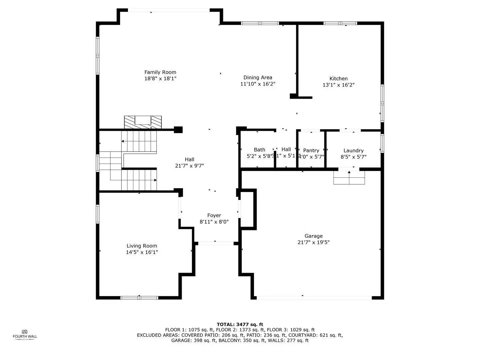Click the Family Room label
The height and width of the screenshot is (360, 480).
click(160, 72)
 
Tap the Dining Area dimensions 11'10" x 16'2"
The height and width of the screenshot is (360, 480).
click(258, 84)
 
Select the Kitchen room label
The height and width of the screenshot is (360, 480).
click(338, 79)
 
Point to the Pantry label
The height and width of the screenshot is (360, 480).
click(311, 151)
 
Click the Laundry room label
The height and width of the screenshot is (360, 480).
click(353, 151)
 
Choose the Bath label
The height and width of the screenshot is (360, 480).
click(259, 150)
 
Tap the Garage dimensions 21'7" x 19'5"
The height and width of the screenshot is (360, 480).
click(313, 242)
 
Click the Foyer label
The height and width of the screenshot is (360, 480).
click(214, 216)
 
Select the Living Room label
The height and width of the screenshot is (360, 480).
click(142, 246)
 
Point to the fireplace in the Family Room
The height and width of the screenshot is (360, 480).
click(143, 122)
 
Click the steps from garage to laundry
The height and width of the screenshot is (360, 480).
click(349, 178)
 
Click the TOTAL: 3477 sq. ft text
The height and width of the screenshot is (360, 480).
click(240, 324)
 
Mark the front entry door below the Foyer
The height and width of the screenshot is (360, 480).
click(216, 244)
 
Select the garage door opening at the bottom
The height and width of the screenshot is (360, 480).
click(314, 298)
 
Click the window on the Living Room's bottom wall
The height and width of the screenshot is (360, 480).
click(139, 298)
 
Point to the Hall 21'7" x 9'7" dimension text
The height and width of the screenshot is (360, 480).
click(189, 166)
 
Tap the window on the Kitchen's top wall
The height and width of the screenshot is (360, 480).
click(340, 23)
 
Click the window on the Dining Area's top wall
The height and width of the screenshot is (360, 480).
click(260, 23)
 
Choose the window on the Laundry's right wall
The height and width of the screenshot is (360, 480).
click(382, 143)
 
